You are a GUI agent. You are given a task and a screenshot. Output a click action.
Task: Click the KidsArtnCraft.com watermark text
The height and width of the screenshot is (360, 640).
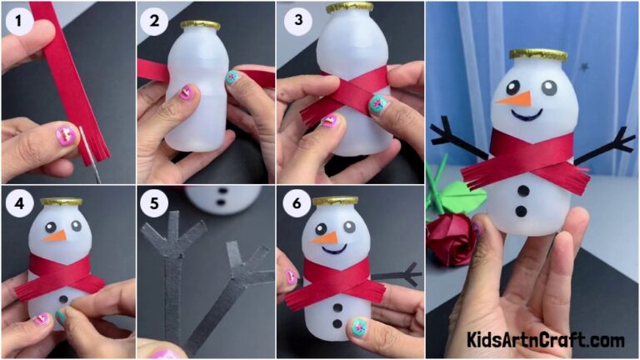click(x=547, y=340)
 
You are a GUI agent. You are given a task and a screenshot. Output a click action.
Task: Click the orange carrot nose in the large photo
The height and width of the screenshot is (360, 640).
click(x=514, y=98)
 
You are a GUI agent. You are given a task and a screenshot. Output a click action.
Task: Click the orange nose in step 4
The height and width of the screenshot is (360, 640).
click(x=55, y=236)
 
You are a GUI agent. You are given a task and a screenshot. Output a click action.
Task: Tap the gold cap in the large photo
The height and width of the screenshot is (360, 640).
click(x=537, y=55)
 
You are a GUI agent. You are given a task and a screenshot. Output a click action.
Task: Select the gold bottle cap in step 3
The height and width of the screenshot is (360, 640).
click(x=349, y=7)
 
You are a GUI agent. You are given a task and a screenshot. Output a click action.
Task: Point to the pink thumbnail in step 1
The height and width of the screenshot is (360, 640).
click(x=65, y=133)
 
